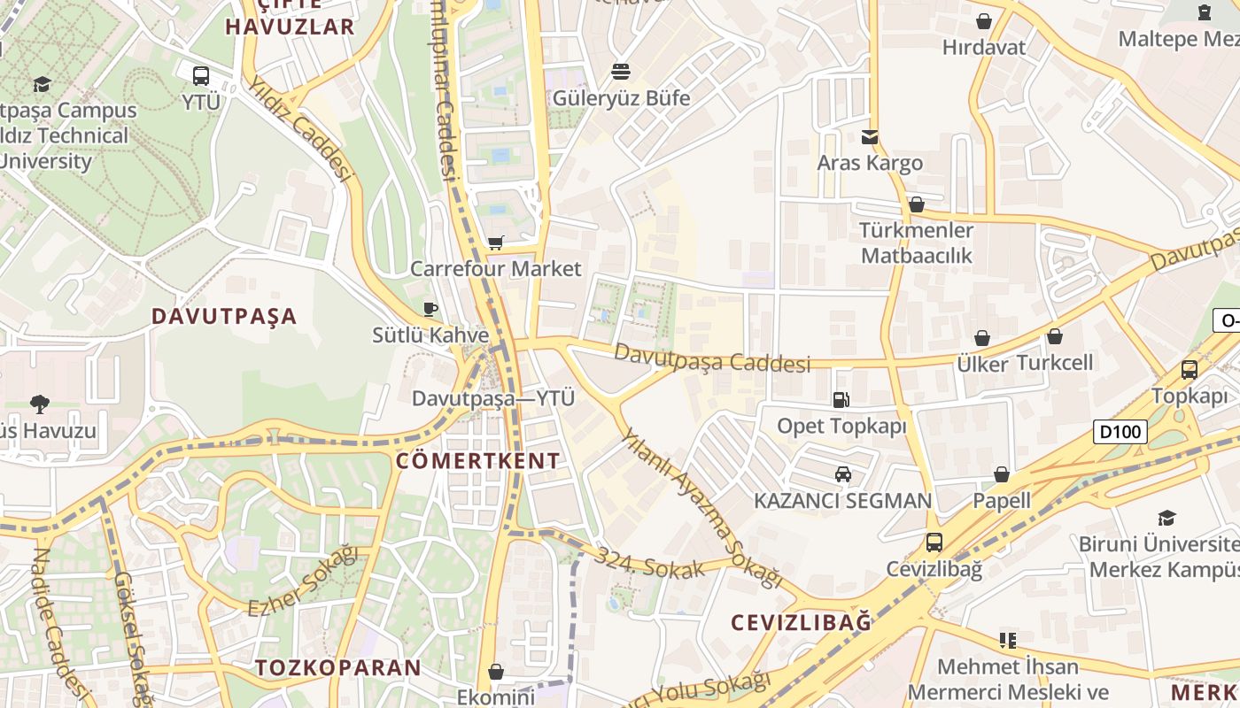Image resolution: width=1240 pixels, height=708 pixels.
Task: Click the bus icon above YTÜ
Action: [201, 75]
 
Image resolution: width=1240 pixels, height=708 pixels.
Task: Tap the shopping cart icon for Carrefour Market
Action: [496, 242]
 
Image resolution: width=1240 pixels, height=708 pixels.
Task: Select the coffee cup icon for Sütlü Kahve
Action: [430, 309]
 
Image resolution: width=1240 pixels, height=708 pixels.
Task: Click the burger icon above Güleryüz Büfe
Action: [621, 71]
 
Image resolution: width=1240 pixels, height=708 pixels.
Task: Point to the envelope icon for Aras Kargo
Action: [870, 136]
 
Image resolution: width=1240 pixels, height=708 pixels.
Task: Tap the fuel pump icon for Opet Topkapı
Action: [841, 400]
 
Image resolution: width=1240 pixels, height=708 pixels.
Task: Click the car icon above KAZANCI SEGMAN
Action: [843, 474]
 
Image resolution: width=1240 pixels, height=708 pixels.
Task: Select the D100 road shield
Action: [1120, 432]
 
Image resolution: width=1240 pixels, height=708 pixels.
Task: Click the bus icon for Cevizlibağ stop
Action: [934, 542]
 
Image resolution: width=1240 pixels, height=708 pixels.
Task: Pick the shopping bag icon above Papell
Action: [1002, 474]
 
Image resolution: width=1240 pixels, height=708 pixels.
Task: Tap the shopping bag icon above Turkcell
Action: [1055, 336]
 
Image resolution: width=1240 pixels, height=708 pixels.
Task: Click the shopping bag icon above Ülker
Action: [982, 338]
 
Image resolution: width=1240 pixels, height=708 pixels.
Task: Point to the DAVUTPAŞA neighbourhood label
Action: [224, 317]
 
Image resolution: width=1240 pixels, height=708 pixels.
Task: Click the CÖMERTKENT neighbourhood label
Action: [478, 460]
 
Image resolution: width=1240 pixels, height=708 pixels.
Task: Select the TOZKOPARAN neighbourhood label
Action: [337, 667]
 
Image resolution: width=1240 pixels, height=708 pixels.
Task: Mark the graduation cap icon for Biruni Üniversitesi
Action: [1166, 518]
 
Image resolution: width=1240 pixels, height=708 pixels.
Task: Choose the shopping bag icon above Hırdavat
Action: [984, 21]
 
